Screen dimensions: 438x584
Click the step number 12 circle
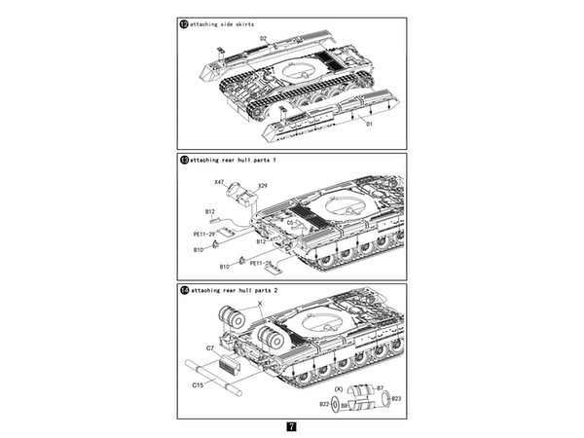(184, 23)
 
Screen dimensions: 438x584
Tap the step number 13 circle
(184, 159)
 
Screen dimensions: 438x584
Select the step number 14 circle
(184, 290)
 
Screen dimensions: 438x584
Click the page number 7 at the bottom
(292, 426)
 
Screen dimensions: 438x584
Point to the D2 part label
(263, 39)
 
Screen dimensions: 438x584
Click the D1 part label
(369, 124)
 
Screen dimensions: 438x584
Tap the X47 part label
(218, 182)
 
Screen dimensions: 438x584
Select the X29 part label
(263, 185)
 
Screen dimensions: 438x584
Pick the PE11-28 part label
(261, 263)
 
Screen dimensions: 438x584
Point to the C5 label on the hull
(291, 223)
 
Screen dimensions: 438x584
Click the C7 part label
(209, 347)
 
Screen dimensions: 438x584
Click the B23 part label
(396, 397)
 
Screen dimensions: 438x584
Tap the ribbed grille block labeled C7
(231, 365)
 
